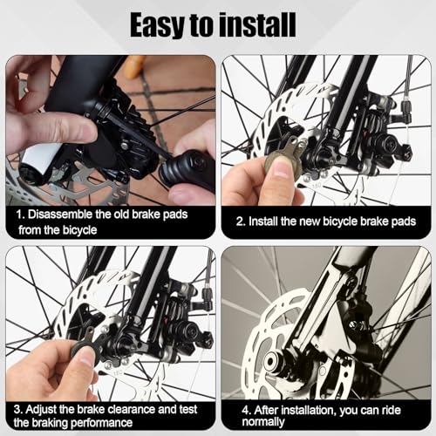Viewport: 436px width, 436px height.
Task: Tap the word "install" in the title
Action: point(262,24)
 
